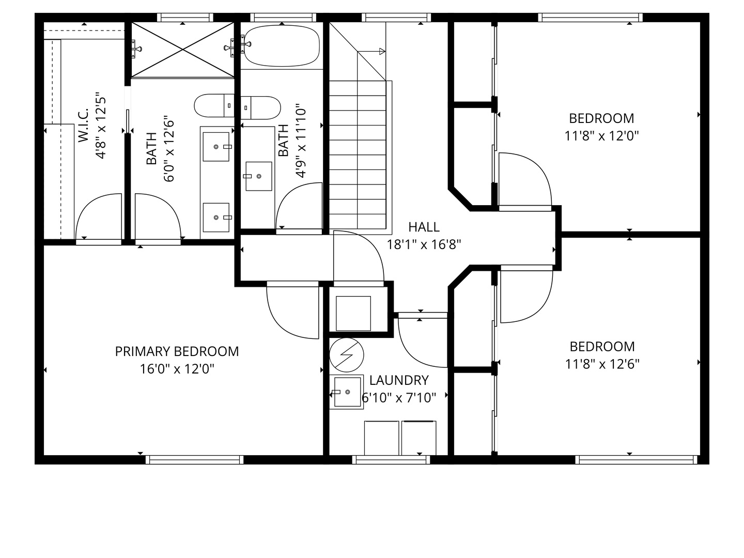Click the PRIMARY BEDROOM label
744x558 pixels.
tap(177, 351)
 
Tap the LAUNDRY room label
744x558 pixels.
tap(399, 380)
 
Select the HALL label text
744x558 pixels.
tap(424, 227)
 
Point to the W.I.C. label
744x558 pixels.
tap(83, 126)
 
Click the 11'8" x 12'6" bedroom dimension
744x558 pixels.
tap(602, 364)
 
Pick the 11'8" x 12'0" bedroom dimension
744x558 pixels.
tap(601, 136)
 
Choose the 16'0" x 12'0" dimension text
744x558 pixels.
tap(177, 369)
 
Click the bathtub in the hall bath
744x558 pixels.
tap(282, 46)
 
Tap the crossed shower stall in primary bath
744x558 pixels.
tap(183, 50)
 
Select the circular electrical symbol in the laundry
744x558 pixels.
tap(346, 355)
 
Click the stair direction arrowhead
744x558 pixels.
tap(382, 52)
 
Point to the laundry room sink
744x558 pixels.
tap(347, 392)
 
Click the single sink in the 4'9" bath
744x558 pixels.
tap(259, 176)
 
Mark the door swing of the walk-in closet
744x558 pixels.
tap(99, 217)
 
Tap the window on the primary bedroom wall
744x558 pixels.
tap(195, 460)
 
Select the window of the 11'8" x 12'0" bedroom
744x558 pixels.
tap(590, 18)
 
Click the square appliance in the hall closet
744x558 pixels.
tap(353, 314)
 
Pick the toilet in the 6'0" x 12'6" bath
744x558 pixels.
tap(214, 105)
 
